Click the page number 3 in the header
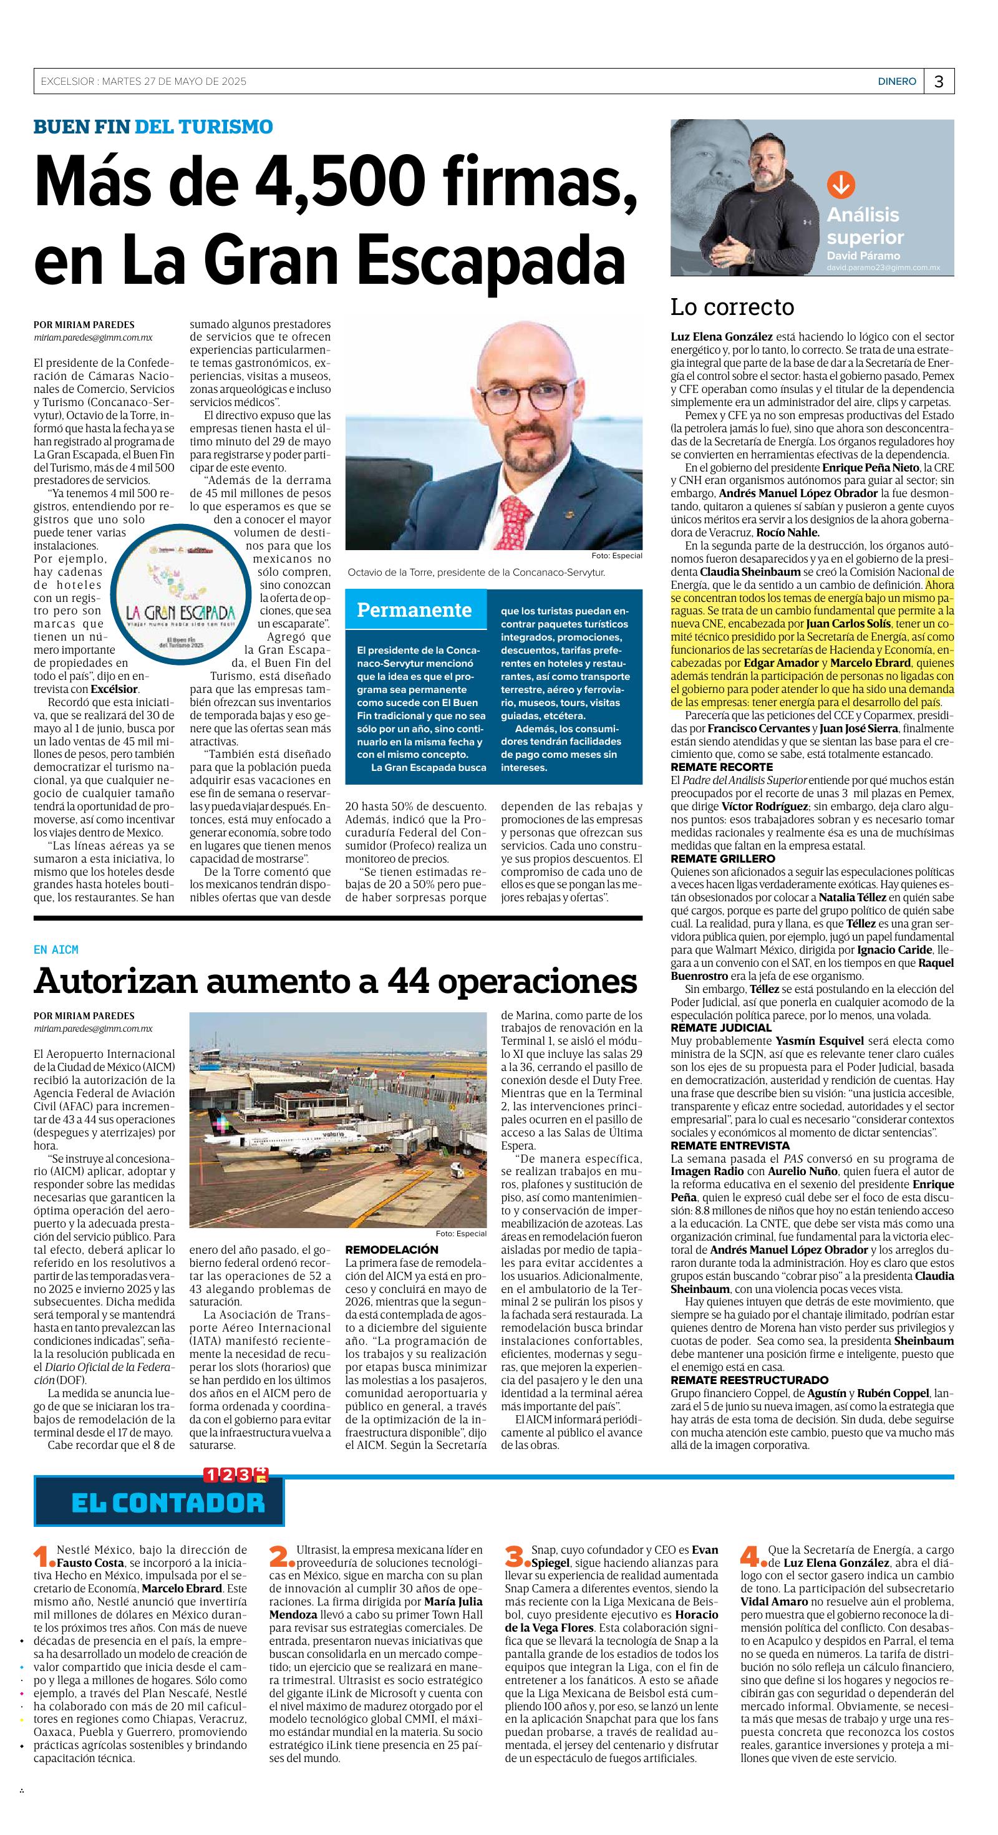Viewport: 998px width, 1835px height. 939,82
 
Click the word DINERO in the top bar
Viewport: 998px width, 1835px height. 896,82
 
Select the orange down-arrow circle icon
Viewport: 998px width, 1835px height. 840,185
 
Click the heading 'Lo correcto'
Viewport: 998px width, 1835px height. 732,307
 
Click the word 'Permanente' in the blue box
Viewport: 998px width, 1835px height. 414,610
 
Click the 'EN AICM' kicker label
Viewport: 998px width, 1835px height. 56,949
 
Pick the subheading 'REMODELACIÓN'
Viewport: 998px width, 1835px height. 391,1249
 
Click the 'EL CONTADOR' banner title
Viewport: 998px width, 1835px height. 168,1503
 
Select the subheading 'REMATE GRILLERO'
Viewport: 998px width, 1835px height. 722,858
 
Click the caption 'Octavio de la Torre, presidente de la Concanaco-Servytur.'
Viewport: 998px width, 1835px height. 476,572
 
